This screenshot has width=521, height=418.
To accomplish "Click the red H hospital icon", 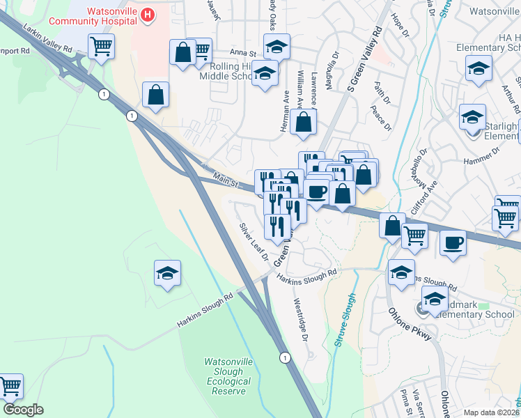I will pyautogui.click(x=148, y=14).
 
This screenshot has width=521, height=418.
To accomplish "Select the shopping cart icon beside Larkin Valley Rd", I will pyautogui.click(x=102, y=47).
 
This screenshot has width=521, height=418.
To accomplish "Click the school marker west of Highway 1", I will pyautogui.click(x=167, y=274).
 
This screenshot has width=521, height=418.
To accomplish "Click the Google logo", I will pyautogui.click(x=23, y=410).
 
